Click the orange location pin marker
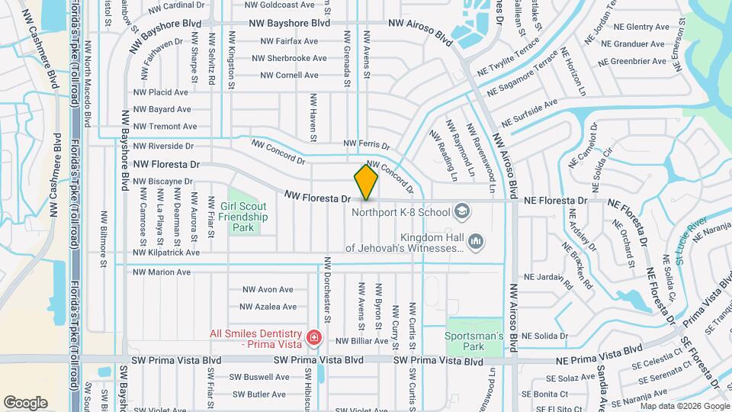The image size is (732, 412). tap(366, 182)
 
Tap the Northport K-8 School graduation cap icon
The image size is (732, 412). tap(461, 210)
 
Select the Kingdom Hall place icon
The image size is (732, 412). tap(476, 242)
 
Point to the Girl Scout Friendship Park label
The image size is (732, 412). tap(243, 217)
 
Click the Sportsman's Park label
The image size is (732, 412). tap(474, 341)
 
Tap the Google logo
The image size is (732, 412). tap(25, 402)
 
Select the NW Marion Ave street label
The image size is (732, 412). tap(162, 272)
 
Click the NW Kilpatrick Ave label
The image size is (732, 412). tap(166, 253)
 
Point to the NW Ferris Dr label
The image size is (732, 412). tap(366, 143)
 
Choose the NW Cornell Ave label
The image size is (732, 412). tap(289, 75)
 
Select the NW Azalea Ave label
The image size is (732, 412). tap(268, 307)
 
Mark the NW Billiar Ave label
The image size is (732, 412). tap(362, 341)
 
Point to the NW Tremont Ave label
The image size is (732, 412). tap(165, 127)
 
